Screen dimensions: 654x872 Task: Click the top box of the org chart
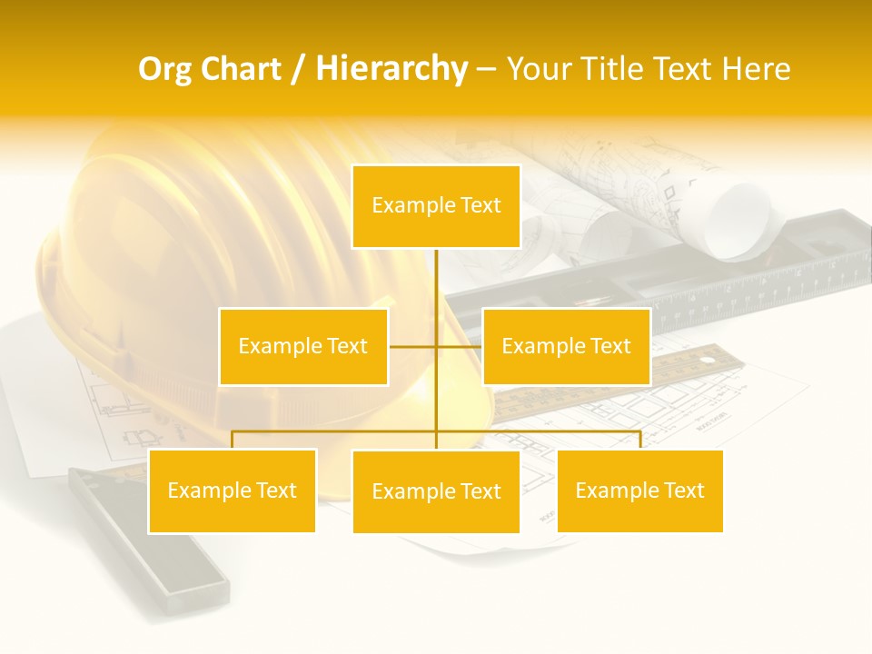[x=436, y=206]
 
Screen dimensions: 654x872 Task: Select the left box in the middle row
[x=303, y=346]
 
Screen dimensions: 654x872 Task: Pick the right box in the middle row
[x=566, y=346]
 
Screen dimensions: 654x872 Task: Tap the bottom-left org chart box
[x=233, y=490]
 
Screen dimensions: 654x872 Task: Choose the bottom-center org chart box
[x=436, y=491]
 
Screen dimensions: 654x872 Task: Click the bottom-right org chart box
[x=639, y=490]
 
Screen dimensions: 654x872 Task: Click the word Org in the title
[x=164, y=69]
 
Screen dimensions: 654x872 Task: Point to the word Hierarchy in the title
[x=391, y=69]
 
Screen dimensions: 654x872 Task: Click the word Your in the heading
[x=540, y=69]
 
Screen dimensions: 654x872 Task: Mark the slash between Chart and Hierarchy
[x=298, y=70]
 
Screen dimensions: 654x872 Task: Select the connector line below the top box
[x=436, y=282]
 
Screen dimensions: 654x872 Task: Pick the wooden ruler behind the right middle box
[x=690, y=368]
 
